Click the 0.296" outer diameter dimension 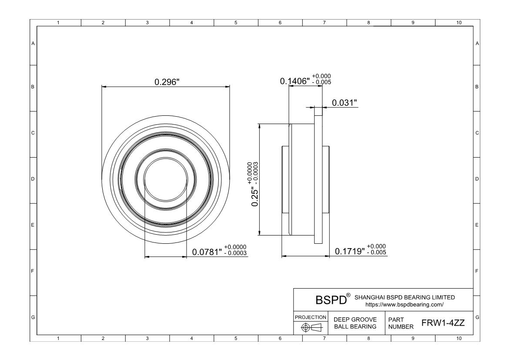click(167, 82)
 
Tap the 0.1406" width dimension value click(294, 81)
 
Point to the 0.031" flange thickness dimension click(344, 103)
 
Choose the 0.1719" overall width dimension click(349, 252)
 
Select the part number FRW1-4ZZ click(443, 323)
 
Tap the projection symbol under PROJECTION click(311, 327)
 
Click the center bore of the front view click(165, 179)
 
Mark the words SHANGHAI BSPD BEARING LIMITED click(405, 297)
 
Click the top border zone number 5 click(236, 23)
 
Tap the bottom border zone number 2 click(103, 338)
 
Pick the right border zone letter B click(477, 87)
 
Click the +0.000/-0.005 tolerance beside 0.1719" click(376, 249)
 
